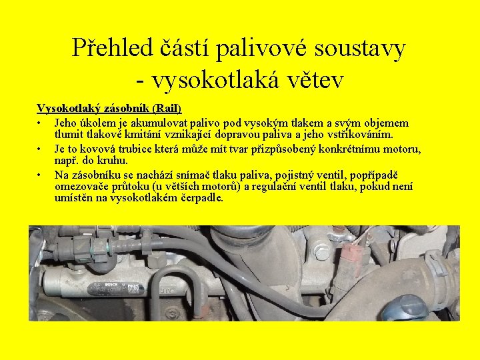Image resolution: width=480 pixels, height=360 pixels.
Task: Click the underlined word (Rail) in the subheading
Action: (x=167, y=108)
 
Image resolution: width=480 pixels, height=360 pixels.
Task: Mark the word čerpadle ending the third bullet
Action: (x=201, y=198)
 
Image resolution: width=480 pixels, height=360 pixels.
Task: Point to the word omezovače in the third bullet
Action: (x=79, y=186)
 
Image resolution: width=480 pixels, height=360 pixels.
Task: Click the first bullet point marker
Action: (x=41, y=124)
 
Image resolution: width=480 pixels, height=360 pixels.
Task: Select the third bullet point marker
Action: (x=41, y=175)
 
